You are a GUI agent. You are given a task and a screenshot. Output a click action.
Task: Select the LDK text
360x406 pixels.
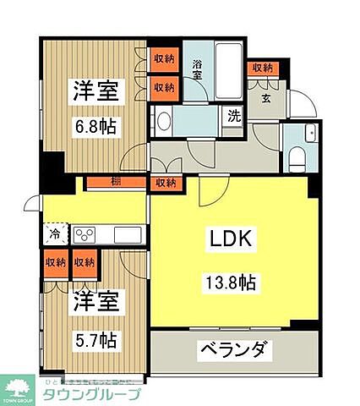click(x=233, y=239)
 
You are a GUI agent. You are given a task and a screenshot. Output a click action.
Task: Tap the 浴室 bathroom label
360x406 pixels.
click(x=197, y=69)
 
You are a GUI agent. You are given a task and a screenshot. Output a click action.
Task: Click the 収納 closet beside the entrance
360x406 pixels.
click(x=262, y=69)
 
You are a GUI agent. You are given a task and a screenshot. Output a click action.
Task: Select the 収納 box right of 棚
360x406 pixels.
click(x=165, y=182)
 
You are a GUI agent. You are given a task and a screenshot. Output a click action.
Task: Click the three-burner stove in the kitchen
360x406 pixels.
click(x=85, y=234)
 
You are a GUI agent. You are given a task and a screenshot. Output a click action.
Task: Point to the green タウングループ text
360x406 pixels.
click(x=92, y=395)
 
